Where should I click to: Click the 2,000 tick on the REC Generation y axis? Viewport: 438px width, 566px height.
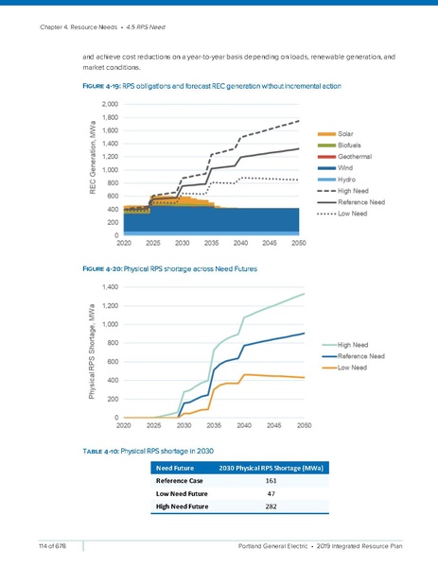coord(110,104)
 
